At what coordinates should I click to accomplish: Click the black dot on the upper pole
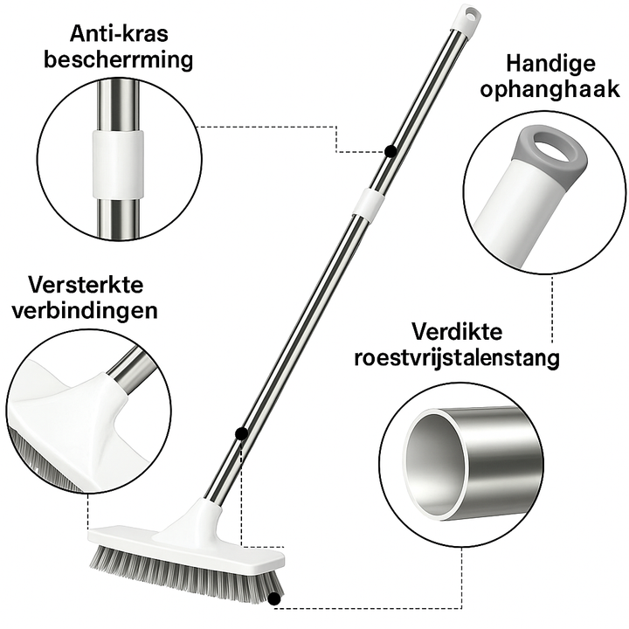(390, 151)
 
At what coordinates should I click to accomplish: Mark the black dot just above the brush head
(240, 432)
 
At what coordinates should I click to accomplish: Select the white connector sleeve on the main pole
(367, 203)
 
